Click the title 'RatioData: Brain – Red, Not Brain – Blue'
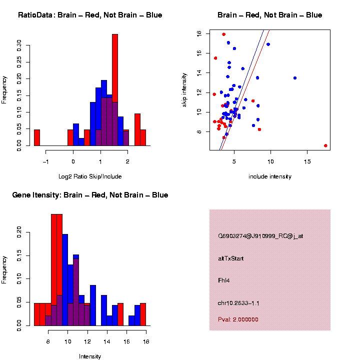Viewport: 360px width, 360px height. (90, 15)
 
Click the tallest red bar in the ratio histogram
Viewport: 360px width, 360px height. (115, 90)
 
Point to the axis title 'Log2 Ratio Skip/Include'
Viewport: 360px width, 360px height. (90, 176)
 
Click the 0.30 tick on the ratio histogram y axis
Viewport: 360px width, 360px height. (19, 46)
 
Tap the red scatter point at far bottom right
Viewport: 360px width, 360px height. (325, 145)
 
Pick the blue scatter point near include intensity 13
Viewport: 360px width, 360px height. (295, 78)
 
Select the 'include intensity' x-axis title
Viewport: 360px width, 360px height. (270, 176)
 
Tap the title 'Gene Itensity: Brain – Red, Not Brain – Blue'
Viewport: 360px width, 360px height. (90, 195)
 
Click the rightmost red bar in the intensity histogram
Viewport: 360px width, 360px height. (143, 314)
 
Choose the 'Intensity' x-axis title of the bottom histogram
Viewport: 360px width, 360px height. (90, 356)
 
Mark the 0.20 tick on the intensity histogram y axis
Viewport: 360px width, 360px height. (19, 231)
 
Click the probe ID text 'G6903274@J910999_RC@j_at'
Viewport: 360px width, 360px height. (260, 236)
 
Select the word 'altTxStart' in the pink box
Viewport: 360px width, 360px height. (231, 258)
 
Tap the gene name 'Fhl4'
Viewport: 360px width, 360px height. (223, 280)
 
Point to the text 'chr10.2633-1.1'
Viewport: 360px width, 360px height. (238, 303)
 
